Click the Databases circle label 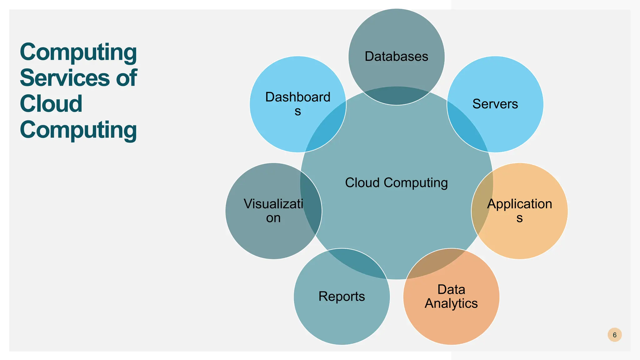(x=396, y=57)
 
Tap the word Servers (x=495, y=104)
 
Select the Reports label (x=342, y=296)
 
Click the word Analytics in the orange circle (x=451, y=303)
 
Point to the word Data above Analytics (x=451, y=289)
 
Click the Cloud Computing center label (x=396, y=183)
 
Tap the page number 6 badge (x=614, y=335)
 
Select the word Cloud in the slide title (x=51, y=104)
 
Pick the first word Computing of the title (x=78, y=52)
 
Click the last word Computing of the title (x=78, y=130)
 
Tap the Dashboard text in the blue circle (x=297, y=97)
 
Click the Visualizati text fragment (x=273, y=204)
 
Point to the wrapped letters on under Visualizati (x=273, y=218)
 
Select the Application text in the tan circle (x=519, y=204)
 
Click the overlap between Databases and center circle (x=396, y=96)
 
